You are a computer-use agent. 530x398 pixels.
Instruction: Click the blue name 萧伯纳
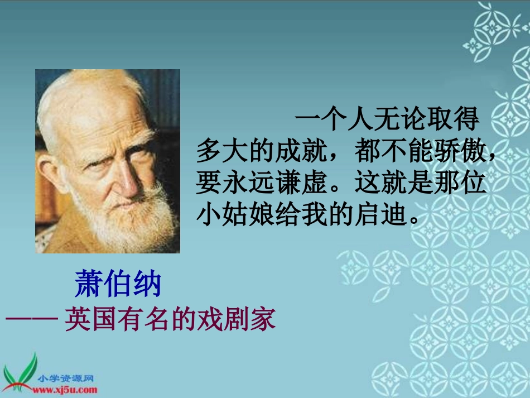(118, 284)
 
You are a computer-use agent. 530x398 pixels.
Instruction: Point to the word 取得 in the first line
(460, 120)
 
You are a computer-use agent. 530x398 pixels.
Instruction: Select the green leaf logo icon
(19, 373)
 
